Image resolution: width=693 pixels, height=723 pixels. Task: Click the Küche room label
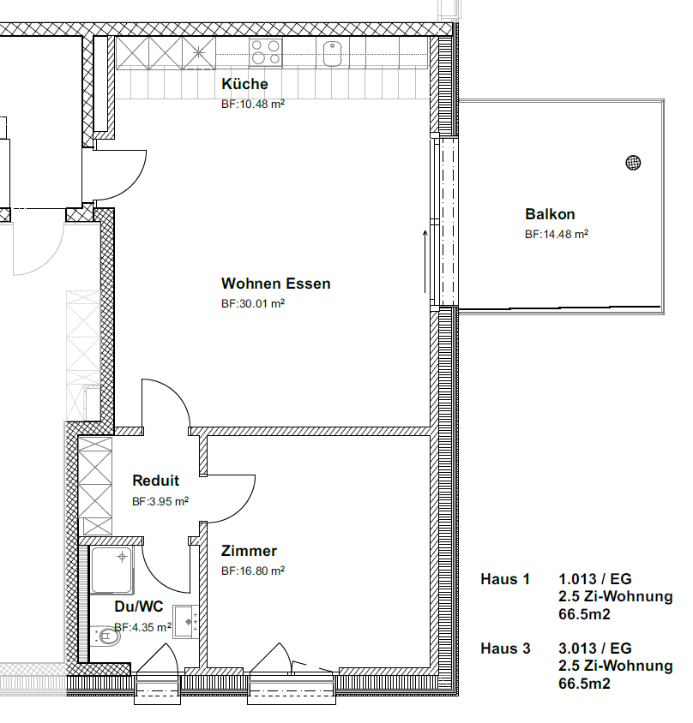[x=244, y=84]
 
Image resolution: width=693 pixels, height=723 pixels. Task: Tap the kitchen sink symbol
[x=332, y=54]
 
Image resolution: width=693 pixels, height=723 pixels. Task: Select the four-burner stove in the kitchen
[x=266, y=52]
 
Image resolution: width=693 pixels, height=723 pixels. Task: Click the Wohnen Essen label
[x=275, y=284]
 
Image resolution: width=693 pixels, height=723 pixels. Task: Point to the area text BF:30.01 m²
[x=253, y=303]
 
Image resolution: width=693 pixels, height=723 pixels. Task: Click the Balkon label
[x=550, y=214]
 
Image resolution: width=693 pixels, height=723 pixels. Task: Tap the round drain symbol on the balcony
[x=633, y=162]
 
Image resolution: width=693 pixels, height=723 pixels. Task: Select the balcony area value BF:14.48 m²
[x=557, y=234]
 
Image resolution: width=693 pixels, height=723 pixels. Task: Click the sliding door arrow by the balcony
[x=425, y=261]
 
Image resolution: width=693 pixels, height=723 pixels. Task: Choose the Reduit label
[x=155, y=481]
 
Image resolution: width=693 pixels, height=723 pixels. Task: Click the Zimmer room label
[x=249, y=551]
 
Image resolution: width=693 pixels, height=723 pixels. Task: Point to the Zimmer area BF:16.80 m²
[x=253, y=571]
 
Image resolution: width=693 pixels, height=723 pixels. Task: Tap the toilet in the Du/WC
[x=105, y=636]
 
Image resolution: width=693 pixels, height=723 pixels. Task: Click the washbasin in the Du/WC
[x=185, y=622]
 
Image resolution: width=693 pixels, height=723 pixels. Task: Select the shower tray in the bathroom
[x=111, y=570]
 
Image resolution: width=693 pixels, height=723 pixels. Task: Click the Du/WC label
[x=138, y=606]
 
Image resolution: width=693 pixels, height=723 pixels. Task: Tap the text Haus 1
[x=505, y=579]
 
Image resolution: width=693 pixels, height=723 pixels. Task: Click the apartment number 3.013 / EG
[x=594, y=648]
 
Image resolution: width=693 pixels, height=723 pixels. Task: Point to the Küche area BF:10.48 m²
[x=253, y=104]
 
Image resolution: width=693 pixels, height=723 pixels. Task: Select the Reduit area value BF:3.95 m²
[x=160, y=501]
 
